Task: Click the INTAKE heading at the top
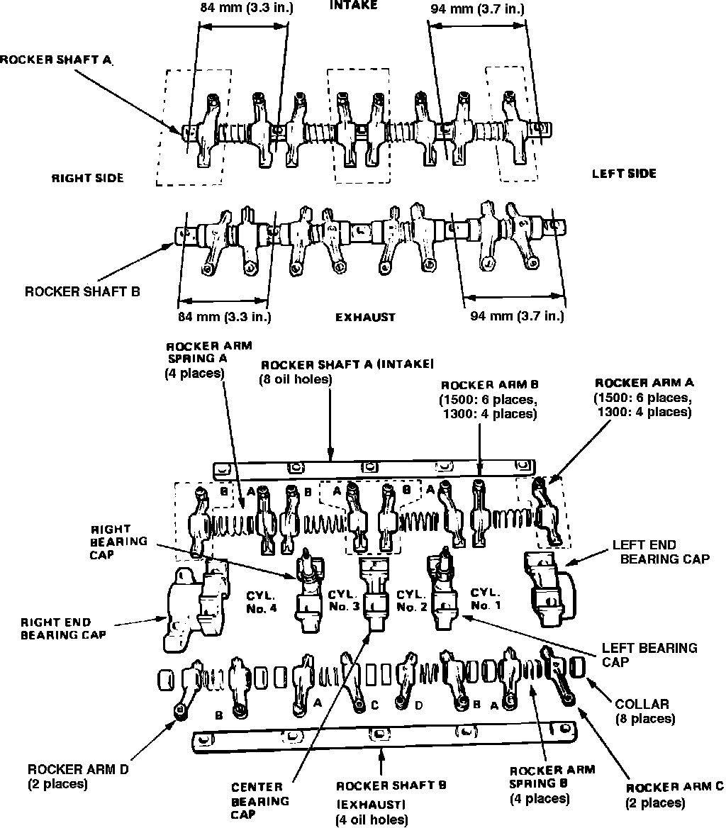[353, 5]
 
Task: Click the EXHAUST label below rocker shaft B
[365, 317]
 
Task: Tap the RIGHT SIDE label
[87, 178]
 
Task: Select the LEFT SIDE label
[624, 174]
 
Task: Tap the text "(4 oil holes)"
[371, 819]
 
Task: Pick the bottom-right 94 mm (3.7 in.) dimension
[517, 316]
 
